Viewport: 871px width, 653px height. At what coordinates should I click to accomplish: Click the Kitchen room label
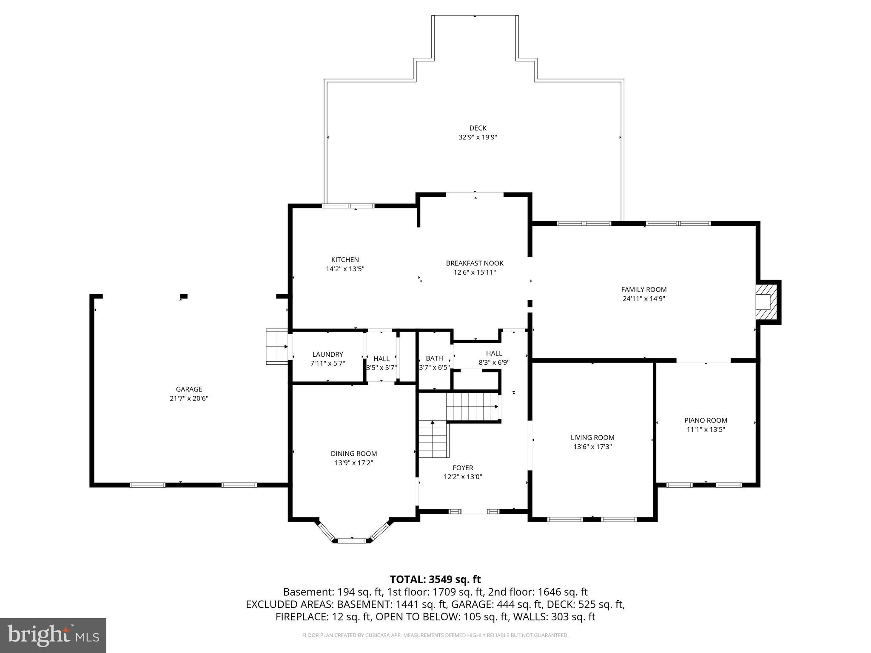click(x=345, y=260)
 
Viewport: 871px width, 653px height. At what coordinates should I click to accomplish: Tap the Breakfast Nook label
click(x=475, y=263)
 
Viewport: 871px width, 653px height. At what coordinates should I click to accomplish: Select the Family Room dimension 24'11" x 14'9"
click(x=643, y=299)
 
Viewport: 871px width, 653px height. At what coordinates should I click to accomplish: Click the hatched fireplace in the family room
click(x=766, y=302)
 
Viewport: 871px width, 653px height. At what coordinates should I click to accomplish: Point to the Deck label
click(x=478, y=128)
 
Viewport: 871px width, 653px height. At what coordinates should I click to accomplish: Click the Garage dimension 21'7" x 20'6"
click(x=189, y=398)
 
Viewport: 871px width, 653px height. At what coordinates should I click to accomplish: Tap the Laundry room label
click(x=327, y=354)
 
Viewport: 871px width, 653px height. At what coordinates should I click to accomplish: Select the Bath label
click(x=434, y=358)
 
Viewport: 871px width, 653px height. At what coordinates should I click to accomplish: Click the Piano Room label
click(x=706, y=420)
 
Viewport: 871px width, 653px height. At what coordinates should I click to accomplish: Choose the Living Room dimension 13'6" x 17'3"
click(x=592, y=447)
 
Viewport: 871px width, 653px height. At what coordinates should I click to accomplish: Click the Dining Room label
click(x=354, y=454)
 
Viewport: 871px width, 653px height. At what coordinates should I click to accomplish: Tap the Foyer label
click(x=463, y=468)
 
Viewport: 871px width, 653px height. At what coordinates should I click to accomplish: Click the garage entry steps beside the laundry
click(x=277, y=346)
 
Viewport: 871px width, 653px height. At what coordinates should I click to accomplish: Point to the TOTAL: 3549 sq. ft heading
click(x=435, y=579)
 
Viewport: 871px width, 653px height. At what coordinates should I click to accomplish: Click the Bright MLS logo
click(x=53, y=635)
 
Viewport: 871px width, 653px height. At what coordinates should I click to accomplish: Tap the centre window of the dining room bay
click(x=352, y=541)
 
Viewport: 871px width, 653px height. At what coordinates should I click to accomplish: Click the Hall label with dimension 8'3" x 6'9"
click(x=494, y=353)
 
